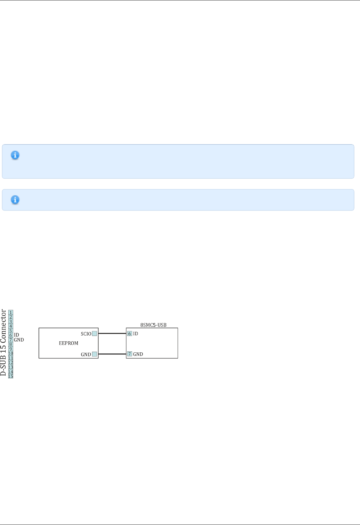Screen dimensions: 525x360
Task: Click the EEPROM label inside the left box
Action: coord(69,343)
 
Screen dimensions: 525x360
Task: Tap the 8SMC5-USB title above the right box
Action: coord(153,325)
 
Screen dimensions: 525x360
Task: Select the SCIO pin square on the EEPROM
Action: coord(95,334)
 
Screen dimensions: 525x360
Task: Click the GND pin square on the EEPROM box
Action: coord(95,354)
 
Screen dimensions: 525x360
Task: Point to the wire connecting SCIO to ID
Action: coord(112,333)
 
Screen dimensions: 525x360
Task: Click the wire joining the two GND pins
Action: coord(112,354)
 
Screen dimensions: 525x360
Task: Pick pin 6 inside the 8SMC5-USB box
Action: coord(130,334)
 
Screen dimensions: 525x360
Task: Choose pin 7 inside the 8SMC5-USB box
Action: coord(130,354)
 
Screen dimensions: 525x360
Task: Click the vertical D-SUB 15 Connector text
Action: coord(3,342)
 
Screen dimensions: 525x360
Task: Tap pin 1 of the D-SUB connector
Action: coord(11,313)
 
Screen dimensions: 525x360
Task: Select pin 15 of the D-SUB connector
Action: coord(11,376)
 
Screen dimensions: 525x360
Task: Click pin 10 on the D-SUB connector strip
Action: coord(11,354)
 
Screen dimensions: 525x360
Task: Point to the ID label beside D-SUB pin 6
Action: coord(16,335)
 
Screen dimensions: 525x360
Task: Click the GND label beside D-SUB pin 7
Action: coord(19,340)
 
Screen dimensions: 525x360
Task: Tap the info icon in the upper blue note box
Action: coord(15,155)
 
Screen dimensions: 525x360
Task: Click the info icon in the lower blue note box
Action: coord(15,200)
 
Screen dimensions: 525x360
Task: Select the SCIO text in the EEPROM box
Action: coord(86,334)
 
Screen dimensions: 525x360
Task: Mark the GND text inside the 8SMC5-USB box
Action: coord(138,354)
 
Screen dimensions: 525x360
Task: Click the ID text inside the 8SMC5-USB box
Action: coord(136,334)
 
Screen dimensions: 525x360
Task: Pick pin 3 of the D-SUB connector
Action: coord(11,322)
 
